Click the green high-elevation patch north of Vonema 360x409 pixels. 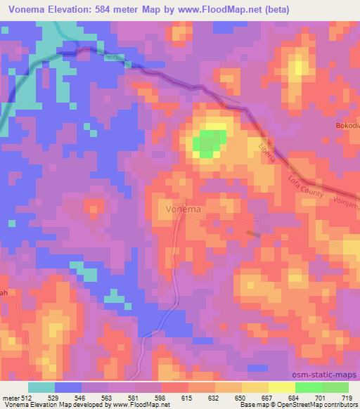pyautogui.click(x=205, y=143)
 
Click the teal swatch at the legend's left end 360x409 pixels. pyautogui.click(x=41, y=388)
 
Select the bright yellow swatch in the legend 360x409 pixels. pyautogui.click(x=281, y=388)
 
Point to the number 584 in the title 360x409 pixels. pyautogui.click(x=107, y=8)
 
